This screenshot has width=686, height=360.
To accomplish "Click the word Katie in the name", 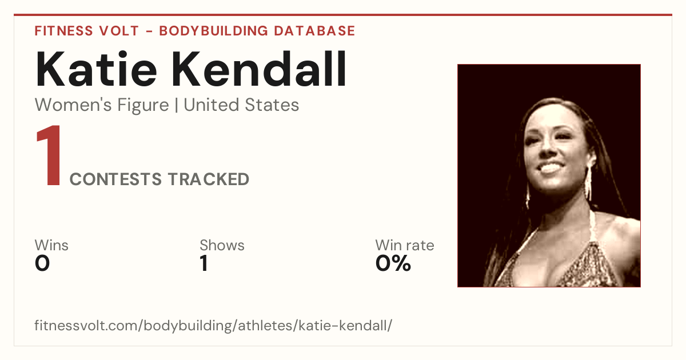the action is coord(96,69).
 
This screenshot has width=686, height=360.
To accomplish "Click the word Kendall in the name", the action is coord(259,69).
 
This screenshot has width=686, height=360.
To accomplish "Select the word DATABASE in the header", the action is coord(314,31).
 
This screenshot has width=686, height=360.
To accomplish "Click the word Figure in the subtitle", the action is coord(143,106).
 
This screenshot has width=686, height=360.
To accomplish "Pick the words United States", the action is coord(241,105).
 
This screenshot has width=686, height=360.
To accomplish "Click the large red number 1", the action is coord(49,155).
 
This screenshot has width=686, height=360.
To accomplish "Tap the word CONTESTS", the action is coord(115,179).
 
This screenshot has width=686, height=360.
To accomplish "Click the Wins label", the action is coord(51,245).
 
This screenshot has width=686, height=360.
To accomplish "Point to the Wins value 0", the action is coord(42,263).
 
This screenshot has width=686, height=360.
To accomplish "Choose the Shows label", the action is coord(222,245).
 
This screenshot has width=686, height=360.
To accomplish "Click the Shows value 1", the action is coord(204,263).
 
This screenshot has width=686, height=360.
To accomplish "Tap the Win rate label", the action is coord(405,245).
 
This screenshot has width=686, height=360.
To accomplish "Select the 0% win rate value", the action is coord(393,263).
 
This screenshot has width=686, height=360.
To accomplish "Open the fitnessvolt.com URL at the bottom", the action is coord(213,325).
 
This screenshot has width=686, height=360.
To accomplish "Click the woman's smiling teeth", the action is coord(551,168).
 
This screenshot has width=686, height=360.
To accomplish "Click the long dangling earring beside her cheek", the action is coord(588,183).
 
